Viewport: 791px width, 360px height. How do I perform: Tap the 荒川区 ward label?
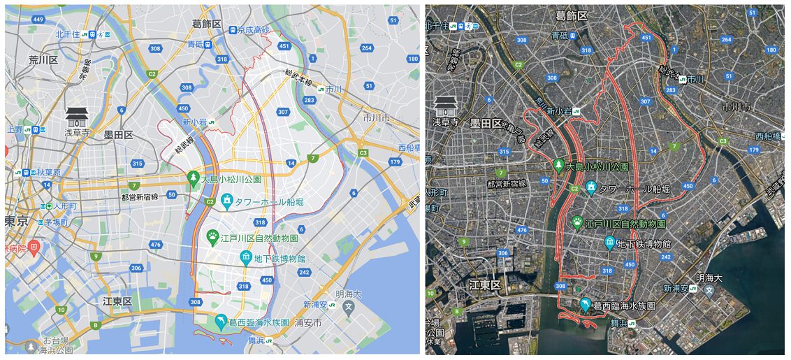43,60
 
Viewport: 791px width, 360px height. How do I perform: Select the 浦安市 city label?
308,324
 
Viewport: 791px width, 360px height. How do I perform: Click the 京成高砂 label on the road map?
252,30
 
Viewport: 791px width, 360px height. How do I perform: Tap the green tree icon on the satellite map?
558,166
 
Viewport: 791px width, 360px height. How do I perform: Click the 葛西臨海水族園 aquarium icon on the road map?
221,322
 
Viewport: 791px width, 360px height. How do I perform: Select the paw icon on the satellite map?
578,223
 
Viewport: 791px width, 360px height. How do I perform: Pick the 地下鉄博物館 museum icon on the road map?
246,258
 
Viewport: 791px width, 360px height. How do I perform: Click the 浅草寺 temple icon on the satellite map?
444,106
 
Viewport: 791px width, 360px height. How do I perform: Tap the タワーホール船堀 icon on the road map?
226,201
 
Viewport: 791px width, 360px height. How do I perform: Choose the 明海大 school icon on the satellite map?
709,289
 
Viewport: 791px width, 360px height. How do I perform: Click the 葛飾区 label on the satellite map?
572,15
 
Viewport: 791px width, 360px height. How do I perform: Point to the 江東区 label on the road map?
117,301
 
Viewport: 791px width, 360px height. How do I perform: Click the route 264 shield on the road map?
366,48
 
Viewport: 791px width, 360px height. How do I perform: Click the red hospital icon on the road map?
34,247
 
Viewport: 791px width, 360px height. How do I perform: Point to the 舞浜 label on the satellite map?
618,323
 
